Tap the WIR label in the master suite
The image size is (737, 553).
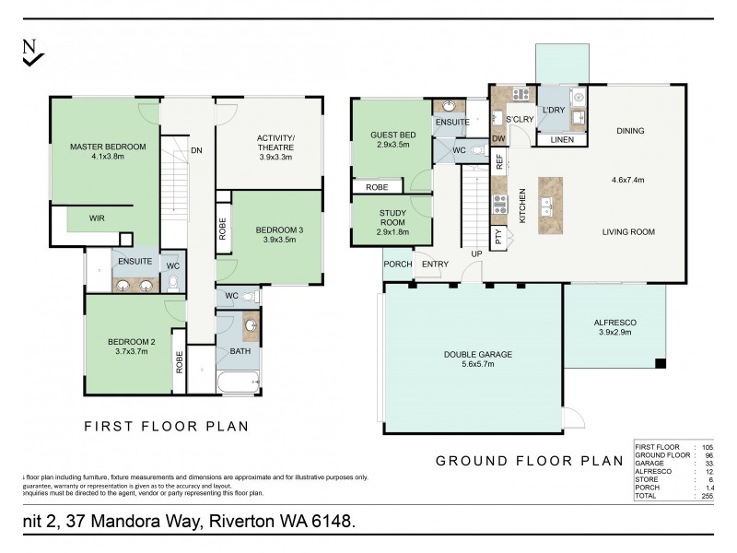pos(97,218)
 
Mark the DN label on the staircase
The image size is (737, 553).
pos(196,149)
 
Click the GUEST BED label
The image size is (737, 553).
pos(393,135)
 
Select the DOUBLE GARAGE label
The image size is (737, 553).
pos(476,354)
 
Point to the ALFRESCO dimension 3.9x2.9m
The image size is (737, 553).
pos(615,333)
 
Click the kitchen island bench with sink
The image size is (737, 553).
pos(550,205)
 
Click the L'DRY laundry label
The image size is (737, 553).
pos(553,111)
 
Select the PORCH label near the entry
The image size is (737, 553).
pos(397,265)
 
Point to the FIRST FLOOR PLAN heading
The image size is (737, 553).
pos(166,427)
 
